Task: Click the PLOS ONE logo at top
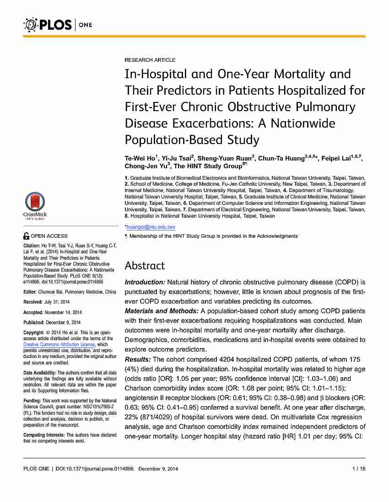[57, 24]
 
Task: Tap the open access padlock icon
[26, 236]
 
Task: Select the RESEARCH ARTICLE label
[150, 60]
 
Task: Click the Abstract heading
[145, 266]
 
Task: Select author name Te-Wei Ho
[140, 158]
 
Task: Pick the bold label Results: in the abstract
[139, 359]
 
